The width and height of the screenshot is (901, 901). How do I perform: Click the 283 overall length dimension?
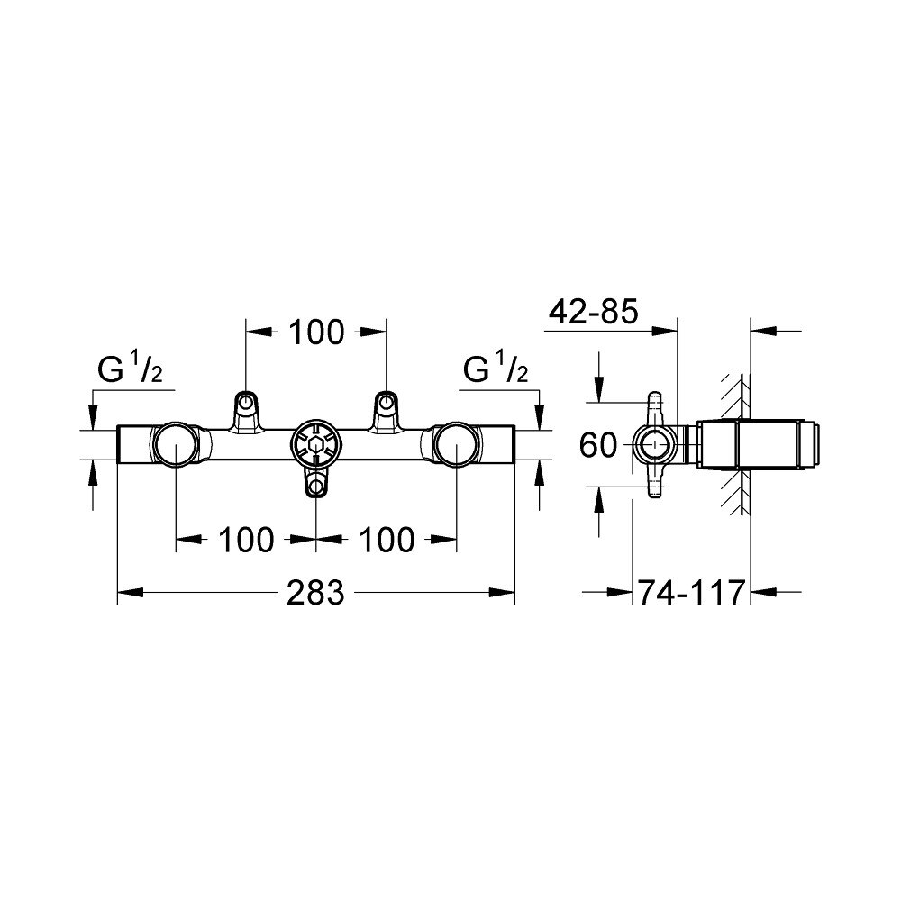(315, 592)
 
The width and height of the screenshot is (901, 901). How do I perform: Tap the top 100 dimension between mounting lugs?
(316, 332)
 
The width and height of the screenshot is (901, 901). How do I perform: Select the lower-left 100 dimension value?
(246, 540)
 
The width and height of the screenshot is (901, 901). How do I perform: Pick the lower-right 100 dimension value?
(387, 540)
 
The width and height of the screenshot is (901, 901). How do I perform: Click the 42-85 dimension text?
(594, 312)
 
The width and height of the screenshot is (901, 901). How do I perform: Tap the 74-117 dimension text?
(692, 592)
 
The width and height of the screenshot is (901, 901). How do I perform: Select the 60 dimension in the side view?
(597, 445)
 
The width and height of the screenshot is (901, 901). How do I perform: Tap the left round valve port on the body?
(175, 445)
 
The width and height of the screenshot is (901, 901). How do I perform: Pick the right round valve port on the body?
(456, 445)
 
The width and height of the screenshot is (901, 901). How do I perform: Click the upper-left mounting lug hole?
(246, 401)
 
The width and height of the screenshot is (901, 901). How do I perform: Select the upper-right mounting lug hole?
(386, 401)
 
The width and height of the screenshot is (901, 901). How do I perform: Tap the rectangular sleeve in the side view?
(760, 445)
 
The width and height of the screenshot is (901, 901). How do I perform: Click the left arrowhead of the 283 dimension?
(131, 592)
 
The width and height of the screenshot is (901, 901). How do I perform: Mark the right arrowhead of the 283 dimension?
(502, 592)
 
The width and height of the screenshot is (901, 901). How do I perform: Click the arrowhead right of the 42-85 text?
(666, 331)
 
